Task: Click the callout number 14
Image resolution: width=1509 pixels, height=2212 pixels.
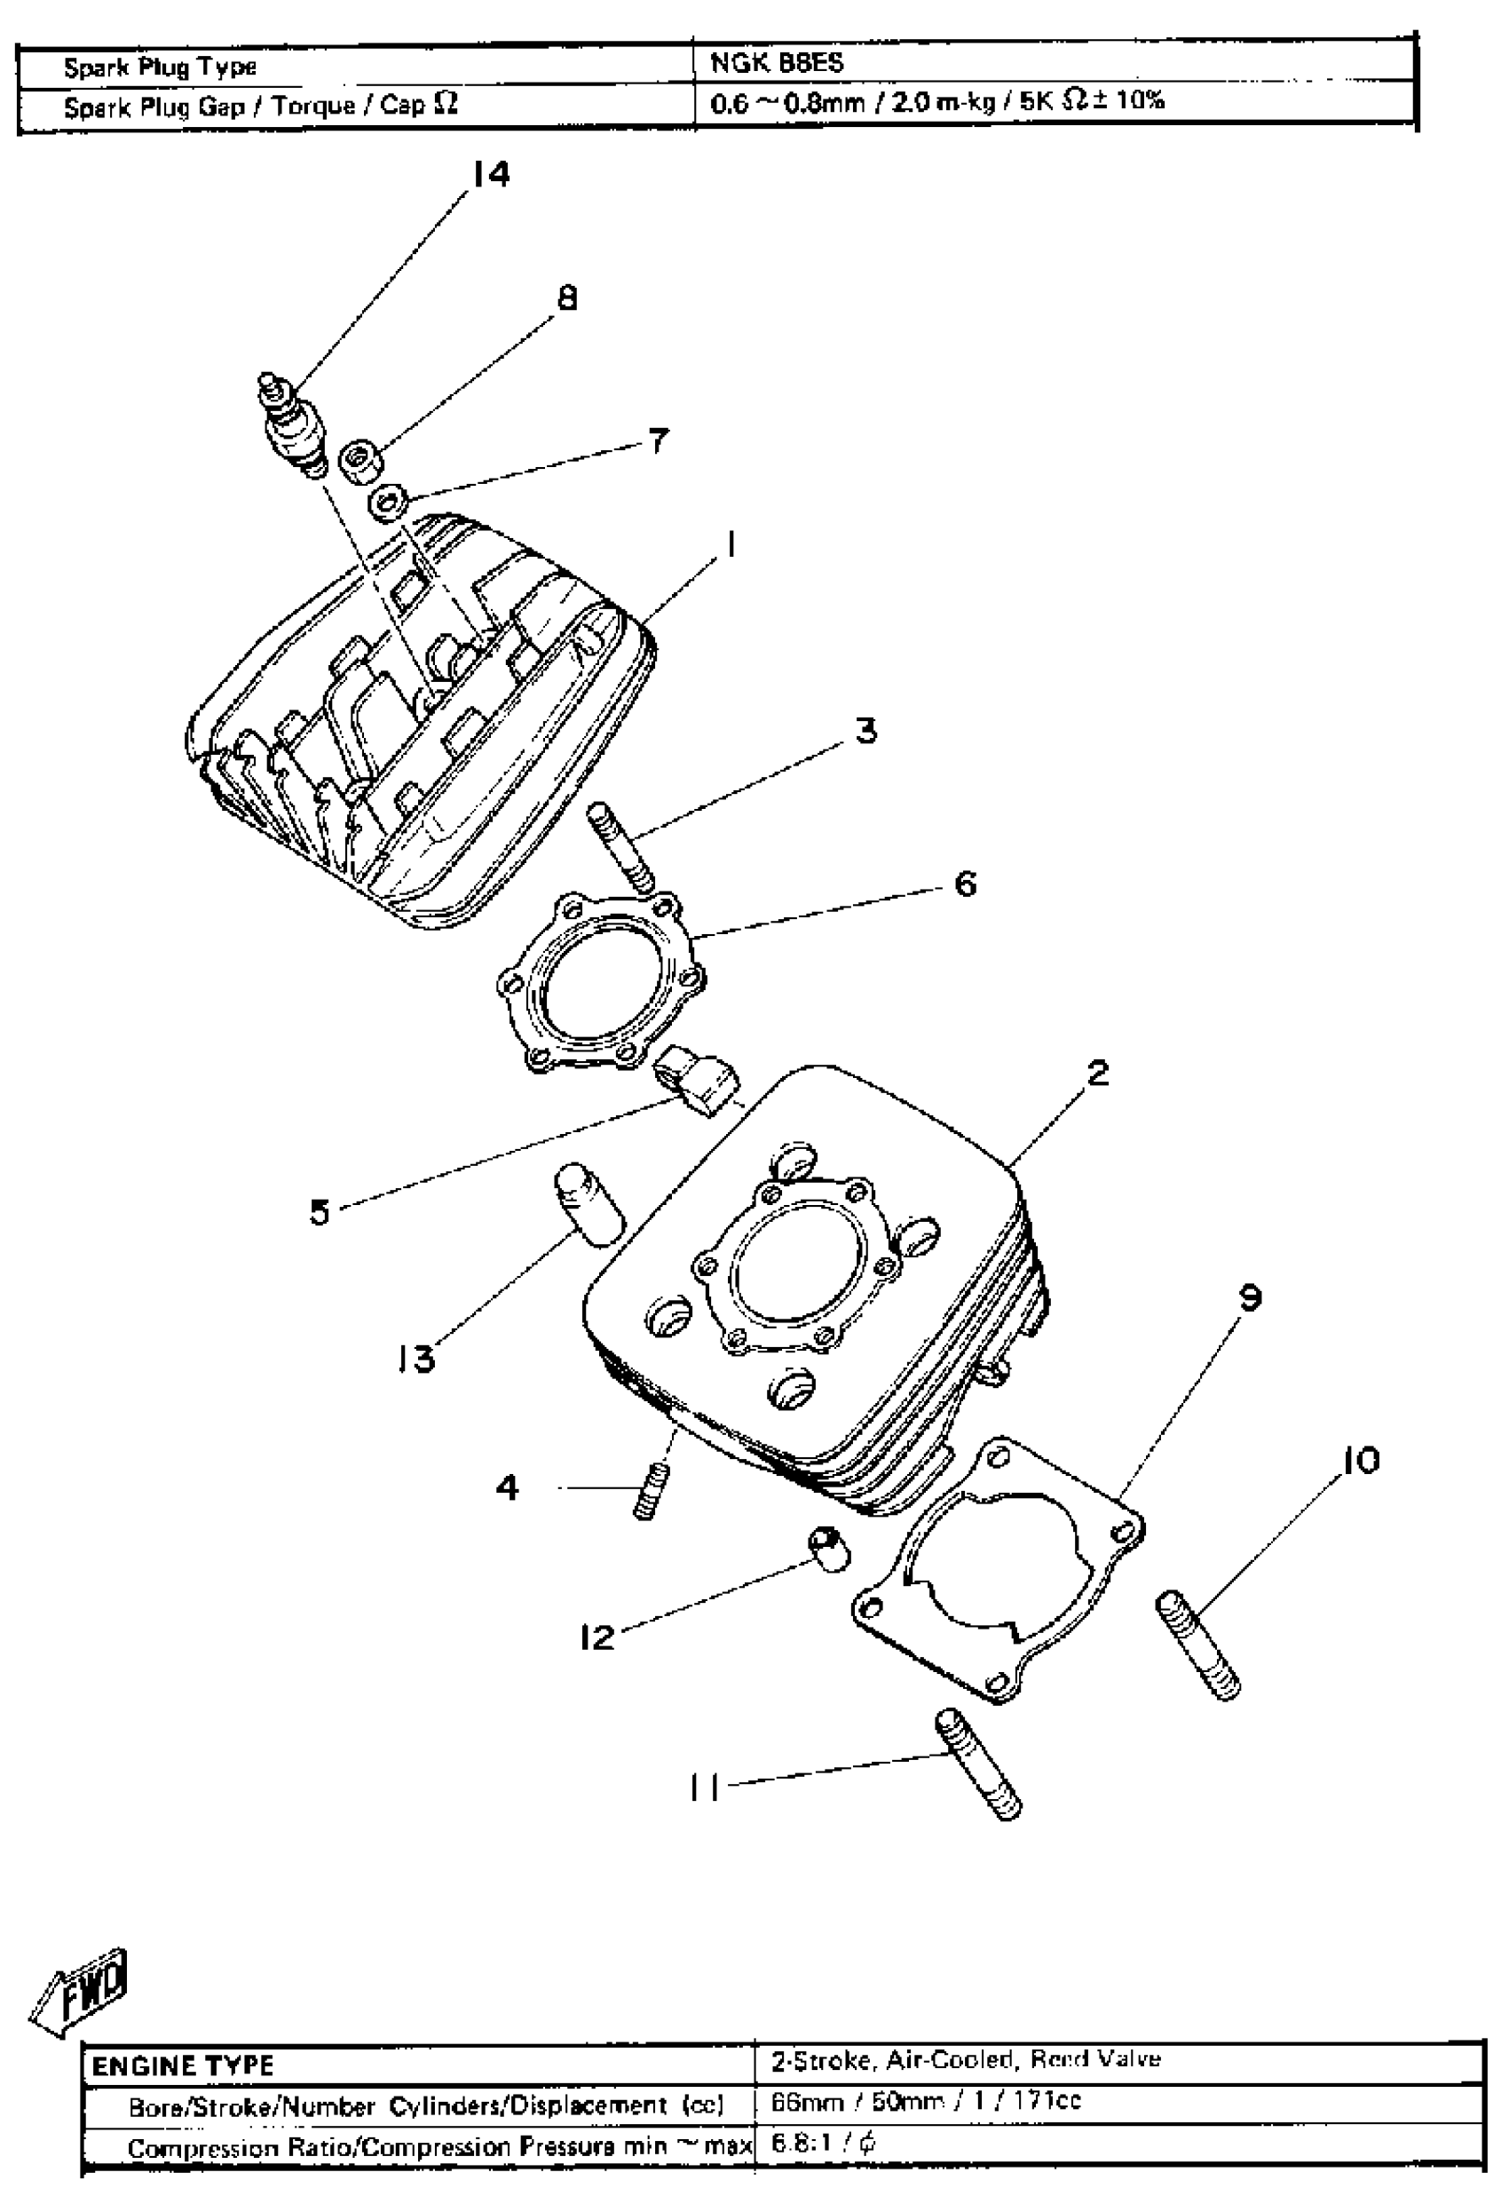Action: [490, 174]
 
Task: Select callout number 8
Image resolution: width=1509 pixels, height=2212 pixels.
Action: [566, 299]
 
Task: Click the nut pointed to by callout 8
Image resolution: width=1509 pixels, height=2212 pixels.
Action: [363, 459]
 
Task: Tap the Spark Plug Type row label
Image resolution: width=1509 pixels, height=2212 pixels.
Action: [160, 67]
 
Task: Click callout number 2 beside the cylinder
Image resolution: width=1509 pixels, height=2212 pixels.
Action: [1097, 1073]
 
